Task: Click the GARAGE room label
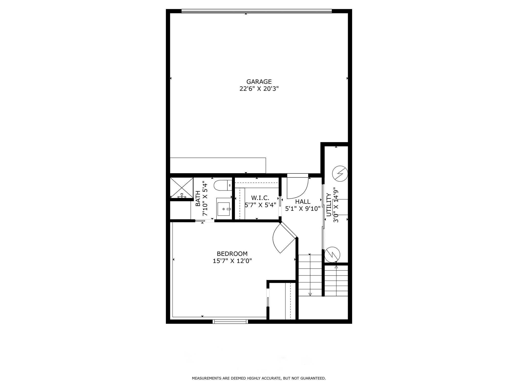click(x=259, y=82)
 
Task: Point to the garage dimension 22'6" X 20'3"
click(x=259, y=89)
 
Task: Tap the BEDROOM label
click(x=232, y=254)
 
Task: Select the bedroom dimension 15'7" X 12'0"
click(x=232, y=261)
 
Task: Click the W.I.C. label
click(x=260, y=198)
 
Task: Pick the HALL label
click(x=303, y=202)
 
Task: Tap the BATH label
click(x=198, y=199)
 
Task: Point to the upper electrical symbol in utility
click(x=339, y=174)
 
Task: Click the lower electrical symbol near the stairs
click(x=332, y=254)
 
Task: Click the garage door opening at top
click(x=256, y=11)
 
